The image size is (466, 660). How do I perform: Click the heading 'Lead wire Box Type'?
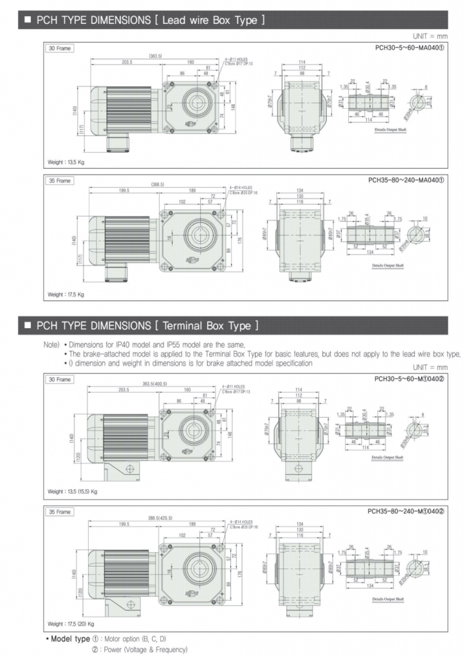tap(213, 20)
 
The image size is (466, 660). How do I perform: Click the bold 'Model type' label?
tap(70, 638)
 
